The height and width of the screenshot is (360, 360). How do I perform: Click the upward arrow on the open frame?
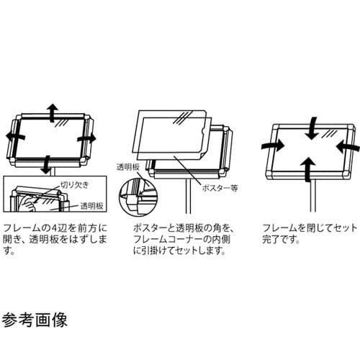tap(53, 112)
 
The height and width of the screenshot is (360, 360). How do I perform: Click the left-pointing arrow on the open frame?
tap(15, 137)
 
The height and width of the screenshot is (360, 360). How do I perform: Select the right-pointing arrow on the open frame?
tap(87, 138)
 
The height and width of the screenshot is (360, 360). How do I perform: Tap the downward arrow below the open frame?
tap(46, 165)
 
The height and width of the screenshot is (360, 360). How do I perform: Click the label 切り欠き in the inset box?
tap(75, 184)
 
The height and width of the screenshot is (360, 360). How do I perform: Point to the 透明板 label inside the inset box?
tap(92, 206)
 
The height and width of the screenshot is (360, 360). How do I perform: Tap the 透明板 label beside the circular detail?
tap(128, 167)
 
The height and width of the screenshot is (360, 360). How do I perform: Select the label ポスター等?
tap(220, 188)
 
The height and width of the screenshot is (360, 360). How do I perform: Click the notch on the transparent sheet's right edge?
tap(202, 132)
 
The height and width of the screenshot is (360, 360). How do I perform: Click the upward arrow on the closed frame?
tap(308, 169)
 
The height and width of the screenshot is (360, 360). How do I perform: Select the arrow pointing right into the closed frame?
tap(273, 145)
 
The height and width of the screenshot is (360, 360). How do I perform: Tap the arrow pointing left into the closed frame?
tap(348, 146)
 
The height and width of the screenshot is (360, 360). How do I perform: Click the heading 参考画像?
tap(35, 320)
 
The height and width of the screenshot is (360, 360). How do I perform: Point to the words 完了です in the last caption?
tap(281, 240)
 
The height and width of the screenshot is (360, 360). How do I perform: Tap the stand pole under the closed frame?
tap(312, 195)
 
